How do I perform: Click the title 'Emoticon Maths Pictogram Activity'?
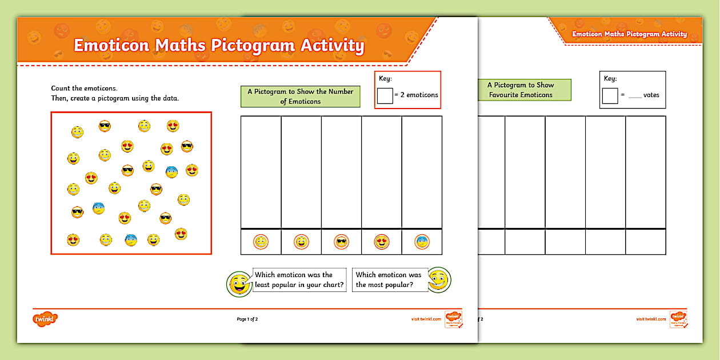219,46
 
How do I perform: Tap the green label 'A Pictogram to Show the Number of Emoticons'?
301,96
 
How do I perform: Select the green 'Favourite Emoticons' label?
520,90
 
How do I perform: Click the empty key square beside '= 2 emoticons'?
385,95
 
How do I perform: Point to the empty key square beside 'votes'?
610,95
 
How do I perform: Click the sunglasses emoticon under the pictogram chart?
342,242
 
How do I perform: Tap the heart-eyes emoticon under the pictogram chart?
382,242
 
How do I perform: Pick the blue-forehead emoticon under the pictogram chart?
422,242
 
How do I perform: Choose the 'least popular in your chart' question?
299,280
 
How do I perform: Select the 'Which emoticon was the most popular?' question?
389,280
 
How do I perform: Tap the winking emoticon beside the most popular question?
439,280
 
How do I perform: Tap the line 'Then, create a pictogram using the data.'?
115,98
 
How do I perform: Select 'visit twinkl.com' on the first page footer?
426,319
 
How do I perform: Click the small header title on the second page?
629,34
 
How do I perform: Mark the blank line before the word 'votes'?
634,96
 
